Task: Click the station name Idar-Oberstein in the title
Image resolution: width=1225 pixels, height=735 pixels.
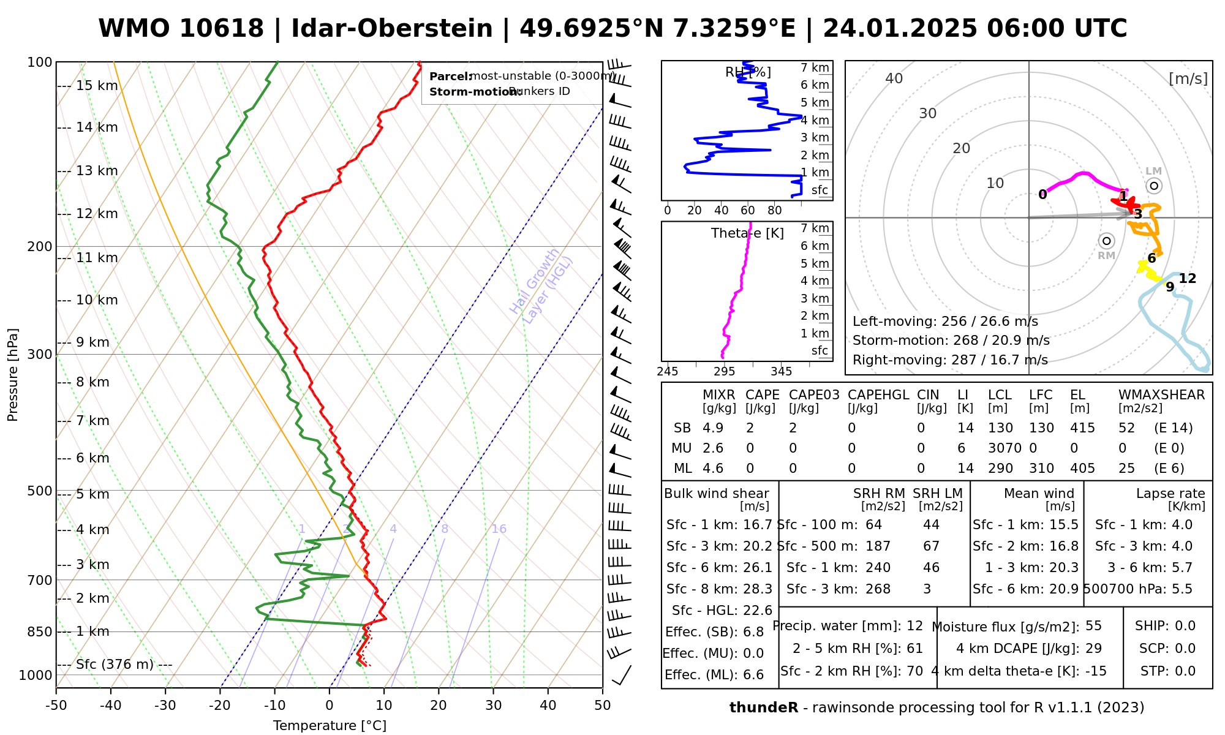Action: [392, 29]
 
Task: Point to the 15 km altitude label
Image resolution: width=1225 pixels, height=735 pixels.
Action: [97, 86]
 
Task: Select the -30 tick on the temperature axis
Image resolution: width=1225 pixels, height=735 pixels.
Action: [165, 706]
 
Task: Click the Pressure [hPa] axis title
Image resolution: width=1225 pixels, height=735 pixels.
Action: [13, 375]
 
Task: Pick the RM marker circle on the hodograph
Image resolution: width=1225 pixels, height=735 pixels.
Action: [1106, 241]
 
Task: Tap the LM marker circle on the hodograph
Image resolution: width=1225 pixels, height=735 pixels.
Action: [1154, 186]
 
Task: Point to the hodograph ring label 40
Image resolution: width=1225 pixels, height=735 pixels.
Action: [894, 78]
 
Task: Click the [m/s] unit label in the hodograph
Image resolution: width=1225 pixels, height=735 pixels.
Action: [1188, 79]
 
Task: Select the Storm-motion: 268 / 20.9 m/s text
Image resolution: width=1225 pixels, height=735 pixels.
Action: [951, 341]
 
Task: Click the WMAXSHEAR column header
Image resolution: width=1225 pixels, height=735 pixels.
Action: [1161, 395]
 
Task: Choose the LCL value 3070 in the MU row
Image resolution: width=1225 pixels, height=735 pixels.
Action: [1005, 448]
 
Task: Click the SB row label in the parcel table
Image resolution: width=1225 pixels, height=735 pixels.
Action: [682, 428]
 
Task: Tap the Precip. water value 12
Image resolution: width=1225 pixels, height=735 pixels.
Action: [914, 626]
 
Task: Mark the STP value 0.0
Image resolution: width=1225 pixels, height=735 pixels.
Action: [1185, 671]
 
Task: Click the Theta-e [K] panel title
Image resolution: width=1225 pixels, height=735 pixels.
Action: [747, 233]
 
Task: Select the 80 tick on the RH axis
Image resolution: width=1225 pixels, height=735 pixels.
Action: [775, 211]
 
